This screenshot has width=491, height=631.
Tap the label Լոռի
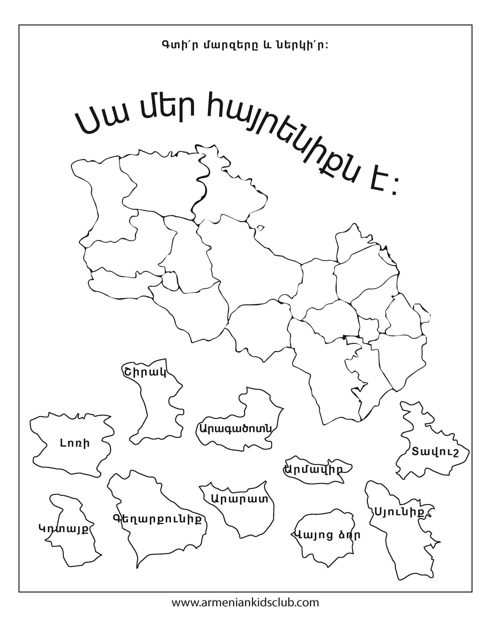75,443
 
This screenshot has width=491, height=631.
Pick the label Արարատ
239,507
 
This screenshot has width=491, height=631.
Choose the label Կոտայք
63,528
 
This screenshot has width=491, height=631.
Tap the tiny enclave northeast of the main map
261,228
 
